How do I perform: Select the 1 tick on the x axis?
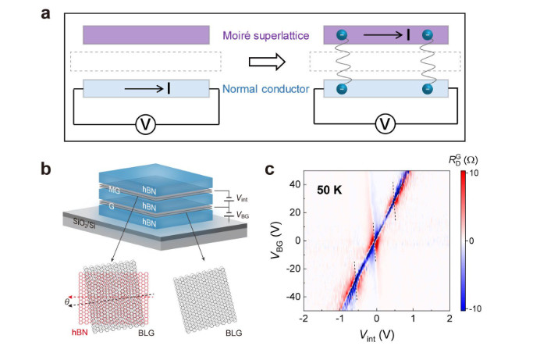tap(413, 320)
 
